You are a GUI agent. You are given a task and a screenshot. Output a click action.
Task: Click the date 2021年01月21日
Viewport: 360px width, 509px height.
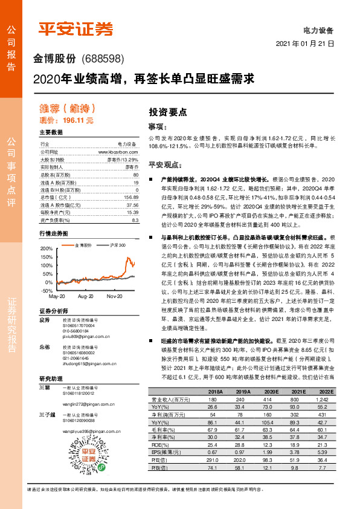point(304,44)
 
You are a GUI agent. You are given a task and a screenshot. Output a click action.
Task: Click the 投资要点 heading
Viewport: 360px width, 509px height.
point(168,112)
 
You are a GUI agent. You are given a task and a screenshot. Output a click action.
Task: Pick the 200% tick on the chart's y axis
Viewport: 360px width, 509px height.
point(47,248)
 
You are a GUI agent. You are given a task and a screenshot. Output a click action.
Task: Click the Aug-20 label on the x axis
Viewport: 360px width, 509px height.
point(86,297)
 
